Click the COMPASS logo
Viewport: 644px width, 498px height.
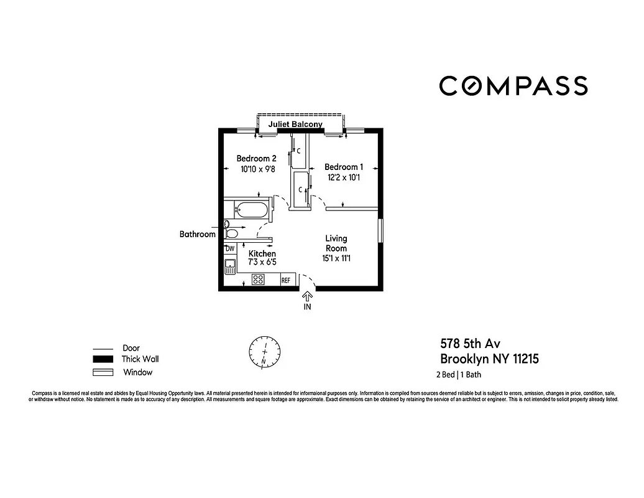pos(513,86)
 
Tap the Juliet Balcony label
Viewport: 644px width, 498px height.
pos(295,125)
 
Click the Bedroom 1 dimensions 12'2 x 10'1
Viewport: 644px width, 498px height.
pos(344,177)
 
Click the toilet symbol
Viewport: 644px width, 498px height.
pos(231,234)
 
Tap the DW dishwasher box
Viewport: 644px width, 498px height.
pos(230,248)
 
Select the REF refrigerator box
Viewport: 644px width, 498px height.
pos(286,281)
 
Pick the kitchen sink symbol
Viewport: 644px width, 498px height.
pos(230,267)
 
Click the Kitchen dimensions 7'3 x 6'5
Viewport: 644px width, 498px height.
pos(262,263)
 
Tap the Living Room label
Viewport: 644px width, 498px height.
pos(336,243)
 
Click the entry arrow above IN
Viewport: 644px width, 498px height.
pos(307,297)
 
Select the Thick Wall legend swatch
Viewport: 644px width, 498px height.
pos(103,359)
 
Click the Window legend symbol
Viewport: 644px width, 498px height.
pos(103,372)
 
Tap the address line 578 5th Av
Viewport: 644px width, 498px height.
pos(471,343)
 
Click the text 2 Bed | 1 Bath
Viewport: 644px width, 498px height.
pos(458,375)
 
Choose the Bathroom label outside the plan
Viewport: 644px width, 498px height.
pos(197,235)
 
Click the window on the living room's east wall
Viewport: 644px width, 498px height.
pos(381,231)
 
